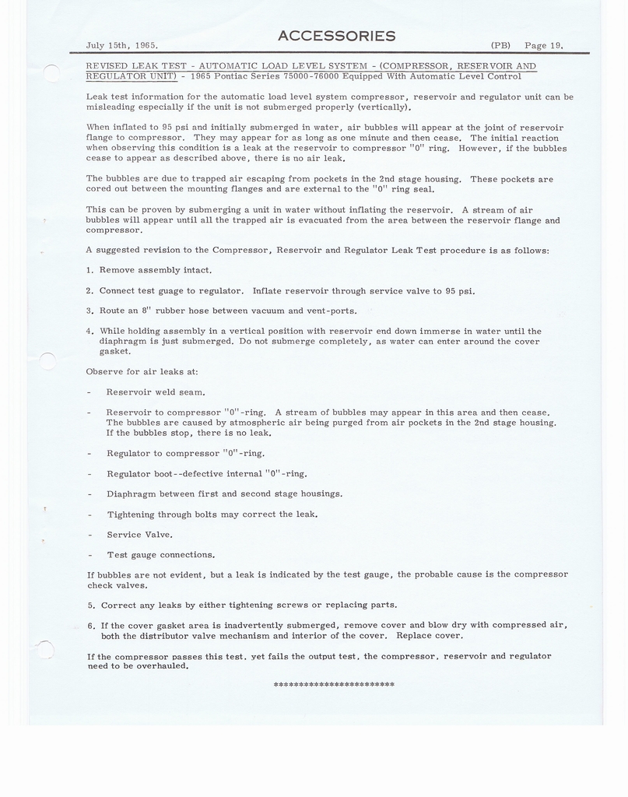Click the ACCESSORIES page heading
coord(336,36)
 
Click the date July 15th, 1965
coord(121,45)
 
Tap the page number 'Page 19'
coord(543,45)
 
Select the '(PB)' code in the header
coord(500,45)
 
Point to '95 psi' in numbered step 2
coord(459,291)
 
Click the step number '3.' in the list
coord(89,311)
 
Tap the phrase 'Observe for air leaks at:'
coord(136,371)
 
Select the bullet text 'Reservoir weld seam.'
coord(156,392)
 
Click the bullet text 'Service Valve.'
coord(139,535)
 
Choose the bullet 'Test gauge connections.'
coord(160,555)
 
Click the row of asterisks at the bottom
coord(334,685)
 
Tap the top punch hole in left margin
coord(51,73)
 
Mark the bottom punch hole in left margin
coord(46,649)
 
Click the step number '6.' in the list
coord(91,625)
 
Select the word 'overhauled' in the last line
coord(163,666)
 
